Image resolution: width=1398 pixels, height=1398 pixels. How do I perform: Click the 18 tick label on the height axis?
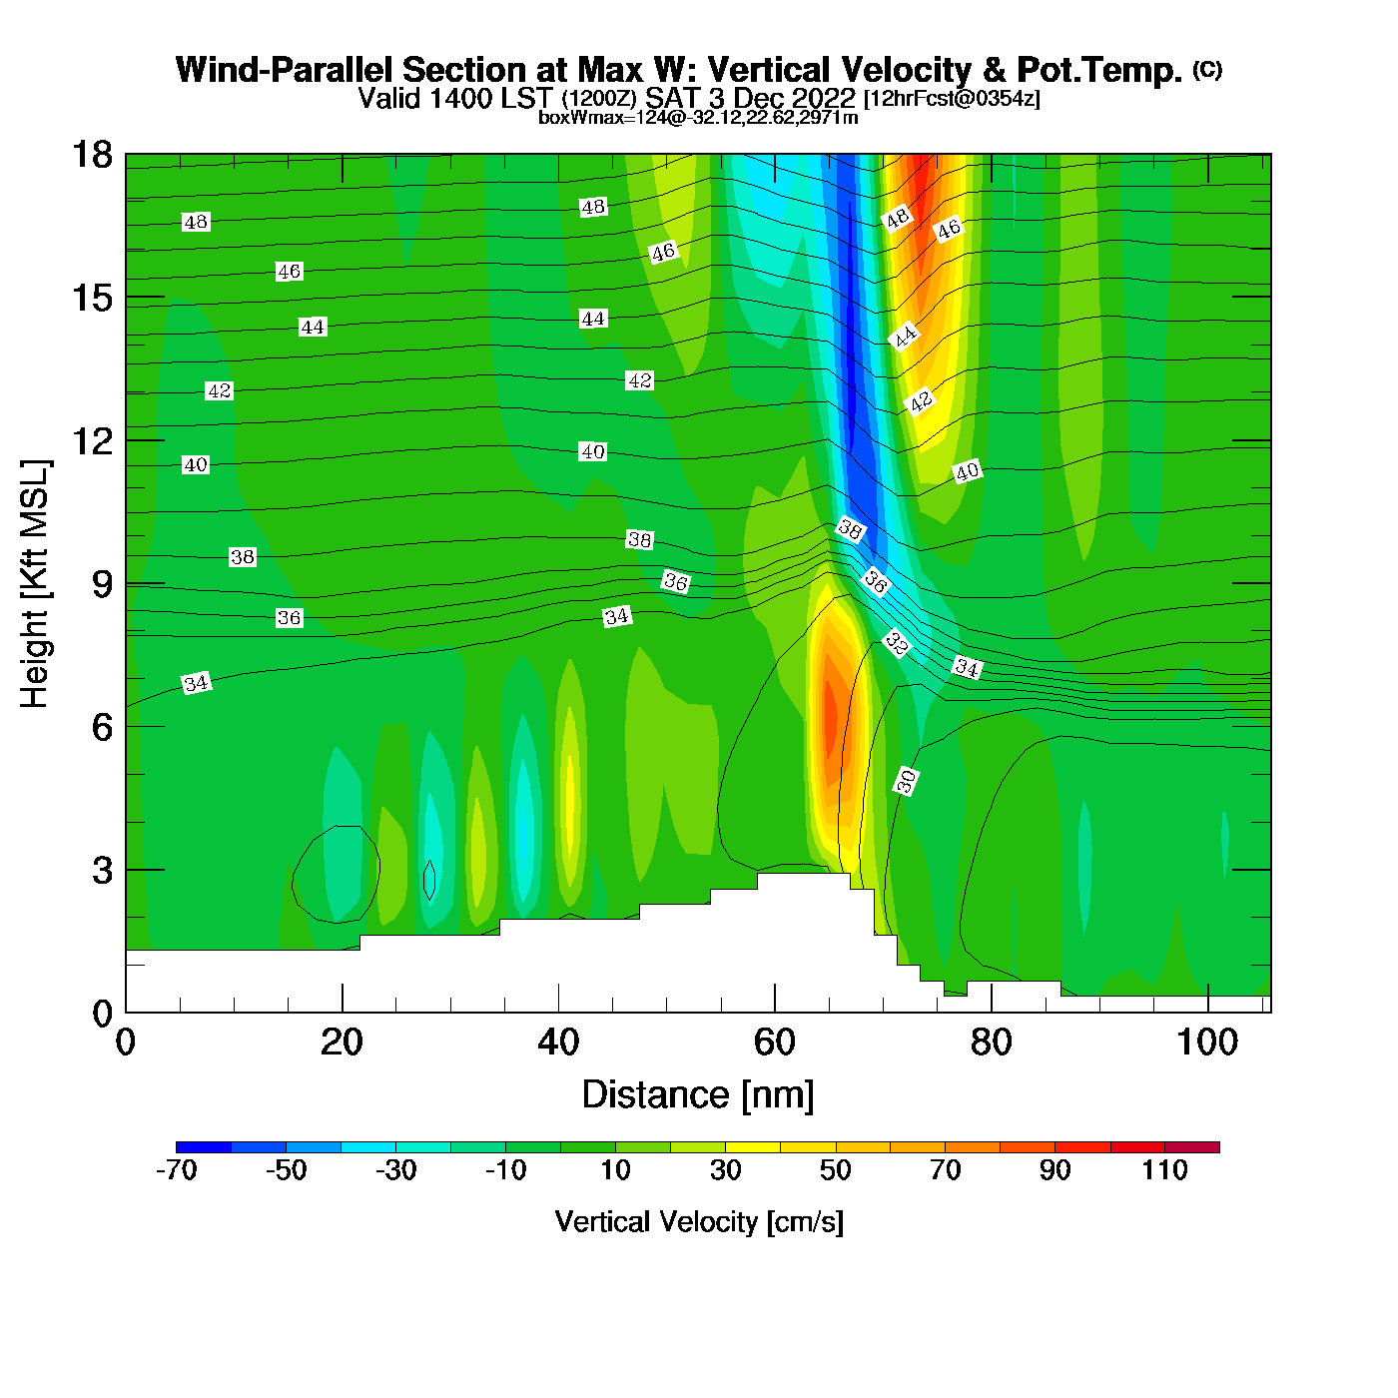[91, 155]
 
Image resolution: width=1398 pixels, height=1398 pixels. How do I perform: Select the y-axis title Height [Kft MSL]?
[35, 584]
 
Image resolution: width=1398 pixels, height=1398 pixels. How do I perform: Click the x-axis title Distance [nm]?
[698, 1095]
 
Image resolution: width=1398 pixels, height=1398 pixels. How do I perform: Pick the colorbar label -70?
[176, 1170]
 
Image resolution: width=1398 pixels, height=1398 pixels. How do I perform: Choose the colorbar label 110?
[1164, 1170]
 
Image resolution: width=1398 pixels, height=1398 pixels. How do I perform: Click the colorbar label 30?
[725, 1170]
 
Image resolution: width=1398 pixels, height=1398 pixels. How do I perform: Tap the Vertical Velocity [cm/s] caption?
[699, 1222]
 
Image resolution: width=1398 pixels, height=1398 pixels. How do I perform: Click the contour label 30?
[906, 781]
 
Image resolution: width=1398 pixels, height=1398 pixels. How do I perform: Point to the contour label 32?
[896, 645]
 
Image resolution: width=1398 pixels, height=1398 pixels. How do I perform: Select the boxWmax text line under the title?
[698, 118]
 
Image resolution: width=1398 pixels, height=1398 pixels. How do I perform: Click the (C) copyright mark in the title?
[1207, 69]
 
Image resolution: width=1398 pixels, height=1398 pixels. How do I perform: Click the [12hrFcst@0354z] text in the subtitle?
[952, 99]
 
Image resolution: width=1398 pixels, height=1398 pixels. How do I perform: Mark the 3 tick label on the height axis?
[102, 870]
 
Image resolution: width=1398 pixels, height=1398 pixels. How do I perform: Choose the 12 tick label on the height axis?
[91, 441]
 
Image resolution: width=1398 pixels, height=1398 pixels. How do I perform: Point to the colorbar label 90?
[1054, 1170]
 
